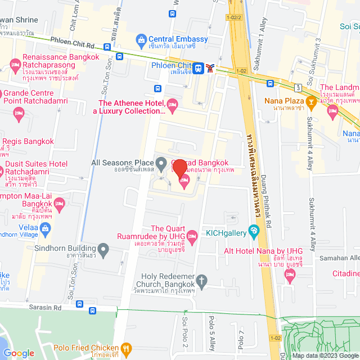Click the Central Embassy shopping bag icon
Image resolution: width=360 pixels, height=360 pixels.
coord(141,40)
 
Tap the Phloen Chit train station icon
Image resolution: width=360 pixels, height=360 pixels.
coord(198,68)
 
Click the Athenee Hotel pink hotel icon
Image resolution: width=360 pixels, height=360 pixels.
coord(173,103)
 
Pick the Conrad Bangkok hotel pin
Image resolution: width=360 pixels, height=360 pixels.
coord(183,180)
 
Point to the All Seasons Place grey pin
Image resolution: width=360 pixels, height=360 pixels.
coord(161,165)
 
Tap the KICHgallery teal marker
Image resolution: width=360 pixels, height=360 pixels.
coord(254,229)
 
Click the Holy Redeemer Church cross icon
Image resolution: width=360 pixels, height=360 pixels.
coord(202,280)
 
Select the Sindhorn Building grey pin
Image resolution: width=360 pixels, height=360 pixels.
coord(103,248)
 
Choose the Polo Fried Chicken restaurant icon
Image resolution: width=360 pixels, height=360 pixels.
coord(127,349)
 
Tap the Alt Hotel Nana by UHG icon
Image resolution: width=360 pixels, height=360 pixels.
coord(290,275)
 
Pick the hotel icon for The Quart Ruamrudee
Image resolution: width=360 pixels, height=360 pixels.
coord(191,235)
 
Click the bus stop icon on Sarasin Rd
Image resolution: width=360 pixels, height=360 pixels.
coord(79,304)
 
